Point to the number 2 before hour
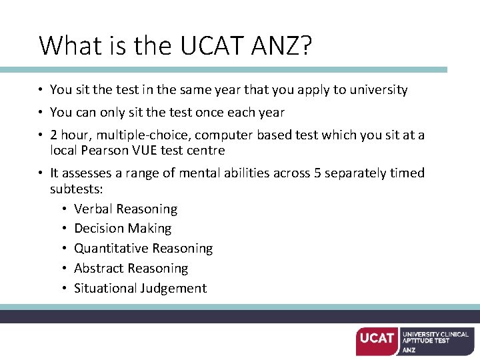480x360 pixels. (x=53, y=135)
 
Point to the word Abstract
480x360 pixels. (x=99, y=268)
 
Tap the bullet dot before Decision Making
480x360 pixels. (x=63, y=229)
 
